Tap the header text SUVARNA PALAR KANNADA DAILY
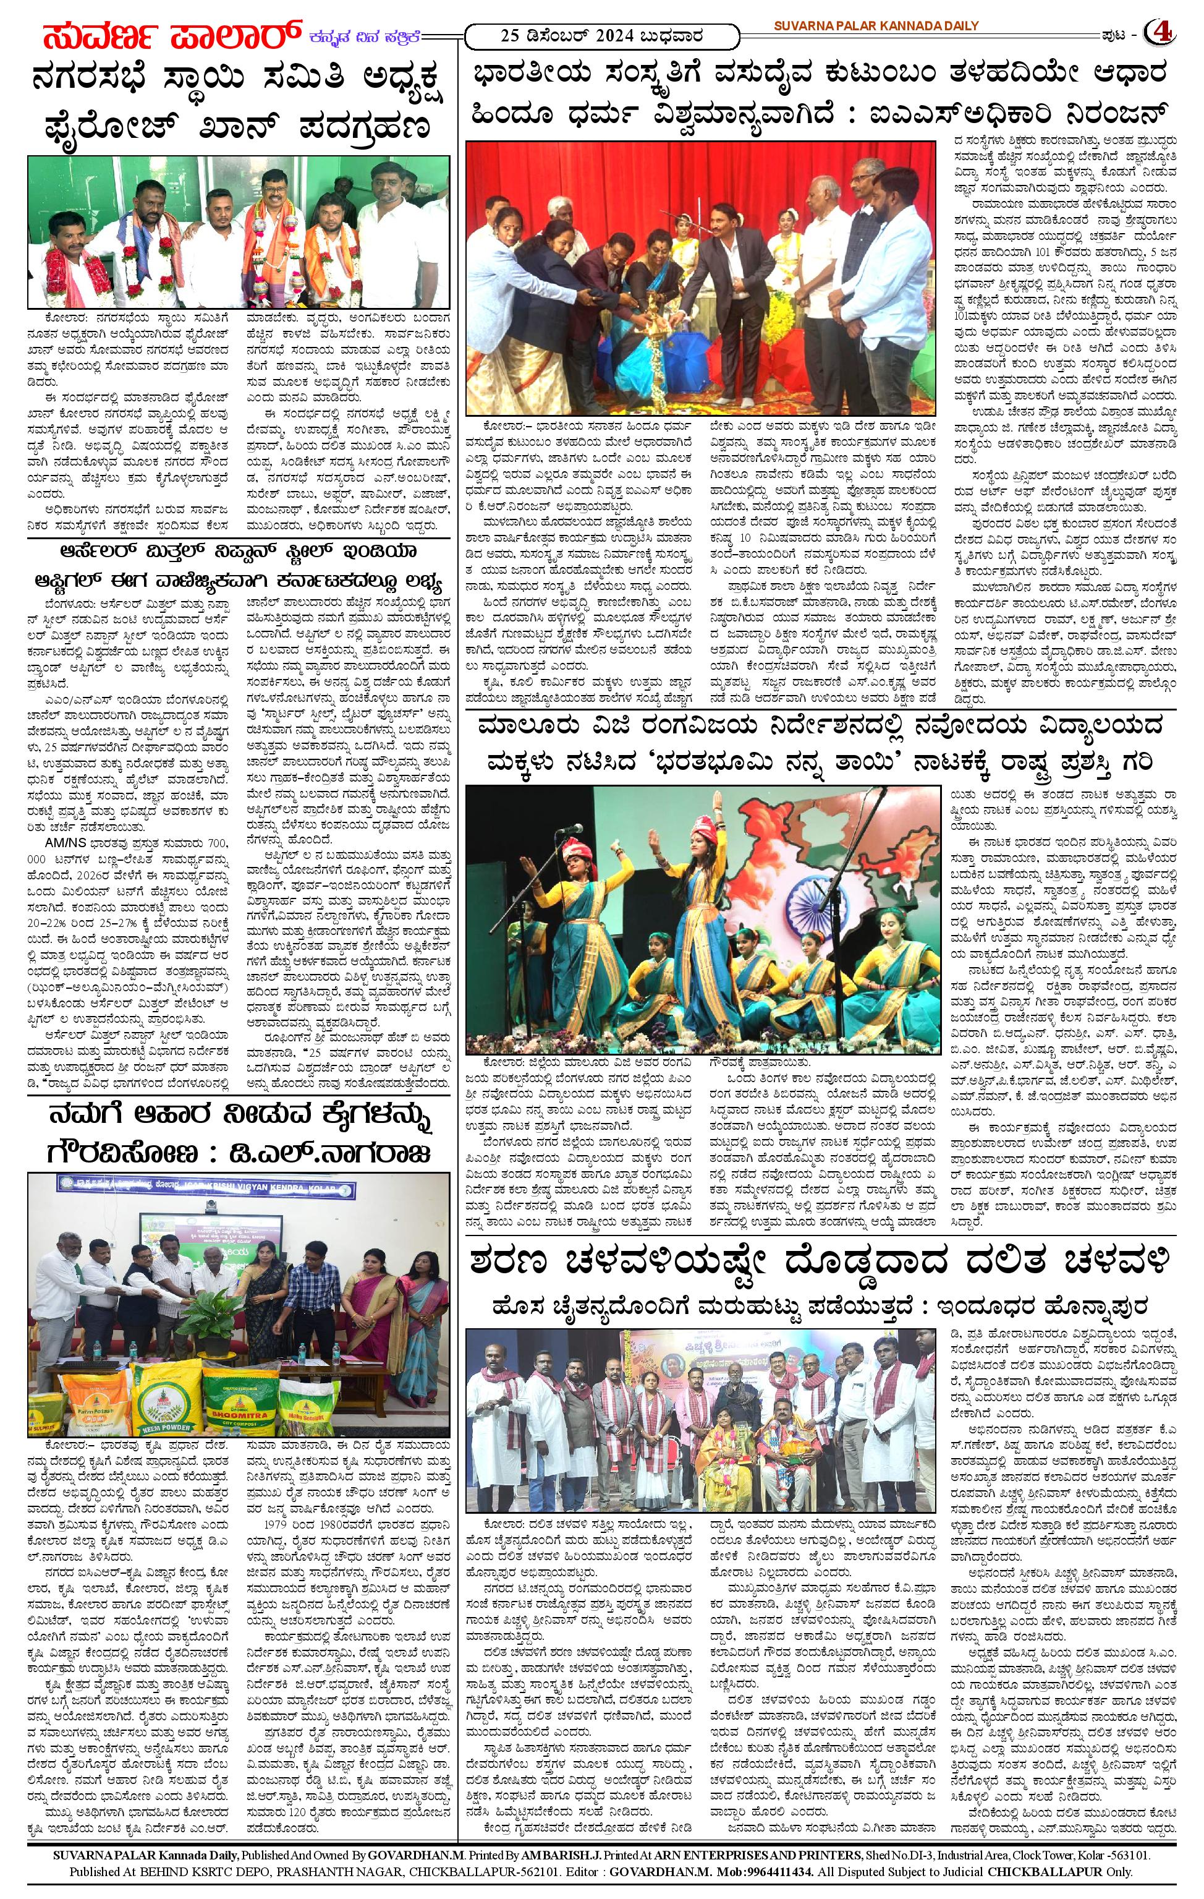pos(875,26)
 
